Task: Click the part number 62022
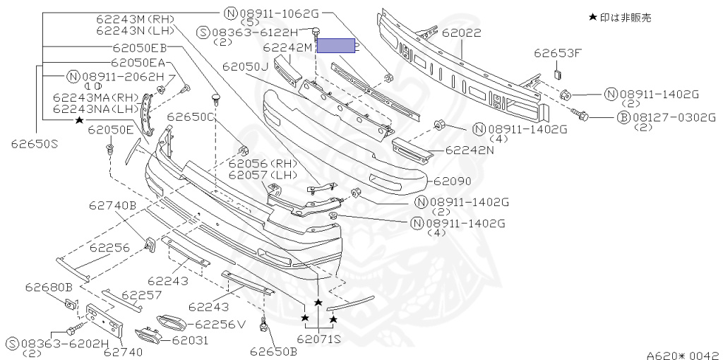462,32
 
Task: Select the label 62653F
557,52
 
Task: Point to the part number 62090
452,181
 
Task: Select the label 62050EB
140,48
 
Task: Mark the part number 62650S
34,144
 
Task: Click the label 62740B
112,205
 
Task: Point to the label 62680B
49,287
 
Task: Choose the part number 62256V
220,325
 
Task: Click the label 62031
191,340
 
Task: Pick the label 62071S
319,340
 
